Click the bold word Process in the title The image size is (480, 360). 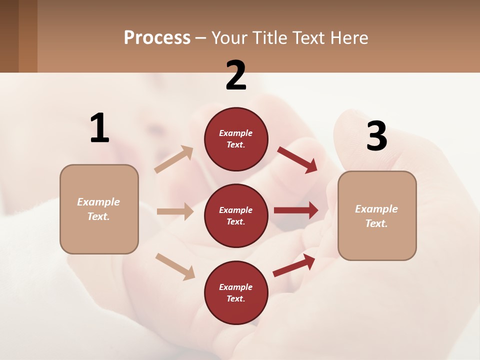pyautogui.click(x=157, y=38)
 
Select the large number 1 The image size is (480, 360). pyautogui.click(x=99, y=128)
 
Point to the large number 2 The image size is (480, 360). pyautogui.click(x=236, y=75)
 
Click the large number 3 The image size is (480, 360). pyautogui.click(x=376, y=136)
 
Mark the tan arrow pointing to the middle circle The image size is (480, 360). pyautogui.click(x=175, y=211)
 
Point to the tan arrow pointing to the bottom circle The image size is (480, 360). pyautogui.click(x=175, y=266)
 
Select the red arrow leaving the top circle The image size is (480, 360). pyautogui.click(x=297, y=159)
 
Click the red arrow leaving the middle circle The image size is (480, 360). pyautogui.click(x=296, y=210)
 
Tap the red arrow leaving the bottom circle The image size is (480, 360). pyautogui.click(x=294, y=265)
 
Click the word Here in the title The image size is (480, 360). pyautogui.click(x=350, y=38)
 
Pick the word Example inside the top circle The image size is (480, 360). pyautogui.click(x=236, y=133)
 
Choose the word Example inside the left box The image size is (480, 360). pyautogui.click(x=98, y=202)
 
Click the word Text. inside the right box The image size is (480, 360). pyautogui.click(x=376, y=223)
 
